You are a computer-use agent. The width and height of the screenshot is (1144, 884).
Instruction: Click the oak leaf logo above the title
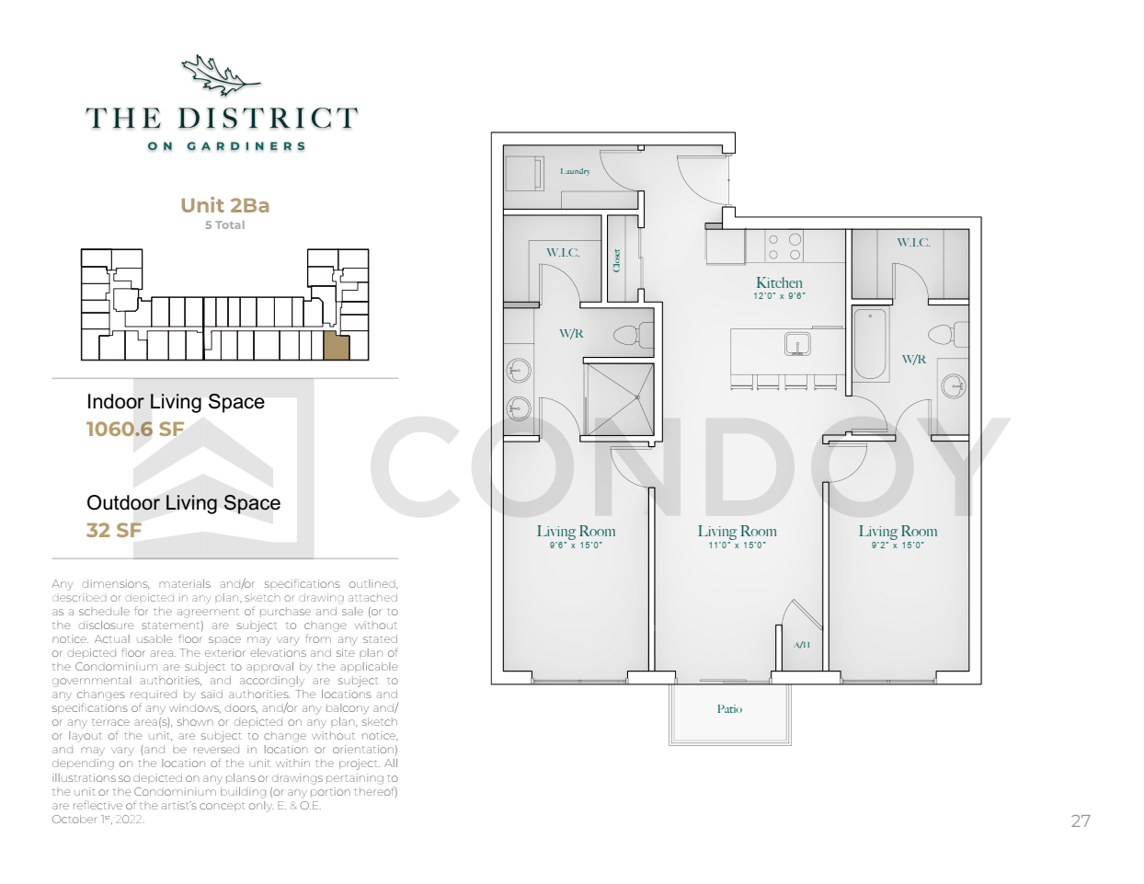click(221, 75)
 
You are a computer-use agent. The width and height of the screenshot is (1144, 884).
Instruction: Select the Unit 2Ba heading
click(224, 205)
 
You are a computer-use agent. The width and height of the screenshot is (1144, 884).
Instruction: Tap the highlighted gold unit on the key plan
click(336, 346)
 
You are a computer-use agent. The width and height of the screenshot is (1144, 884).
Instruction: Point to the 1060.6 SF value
click(135, 429)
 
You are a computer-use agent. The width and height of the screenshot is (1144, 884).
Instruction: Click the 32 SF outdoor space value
click(114, 530)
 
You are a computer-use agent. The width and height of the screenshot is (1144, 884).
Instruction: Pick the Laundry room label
click(575, 171)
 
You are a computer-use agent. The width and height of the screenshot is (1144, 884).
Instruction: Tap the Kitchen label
click(779, 282)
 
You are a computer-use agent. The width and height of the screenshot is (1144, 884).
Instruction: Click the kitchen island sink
click(797, 344)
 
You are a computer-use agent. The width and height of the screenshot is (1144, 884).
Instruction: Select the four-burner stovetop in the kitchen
click(784, 247)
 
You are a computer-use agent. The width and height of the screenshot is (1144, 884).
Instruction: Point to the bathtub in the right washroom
click(870, 344)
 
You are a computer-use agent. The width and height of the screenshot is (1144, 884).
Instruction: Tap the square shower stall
click(620, 399)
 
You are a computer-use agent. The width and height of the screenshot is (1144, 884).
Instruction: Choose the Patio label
click(729, 709)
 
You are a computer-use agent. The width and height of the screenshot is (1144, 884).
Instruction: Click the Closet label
click(617, 260)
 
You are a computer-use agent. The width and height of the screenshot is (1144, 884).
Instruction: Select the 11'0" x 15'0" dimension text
click(737, 545)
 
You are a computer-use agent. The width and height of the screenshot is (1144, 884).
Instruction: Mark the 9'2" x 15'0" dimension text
click(898, 545)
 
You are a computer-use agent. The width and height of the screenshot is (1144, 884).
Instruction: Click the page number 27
click(1081, 821)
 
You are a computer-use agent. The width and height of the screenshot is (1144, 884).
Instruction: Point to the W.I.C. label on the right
click(913, 242)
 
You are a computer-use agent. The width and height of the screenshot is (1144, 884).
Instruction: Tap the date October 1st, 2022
click(97, 820)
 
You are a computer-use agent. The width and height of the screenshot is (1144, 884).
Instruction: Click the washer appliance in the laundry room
click(525, 173)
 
